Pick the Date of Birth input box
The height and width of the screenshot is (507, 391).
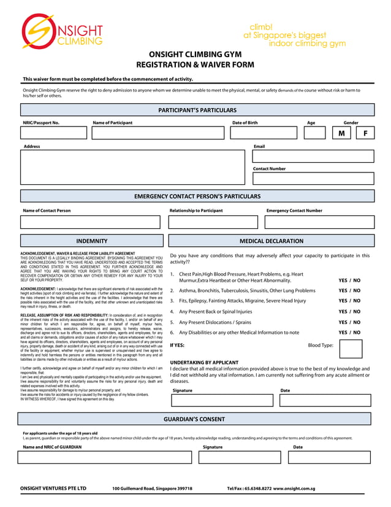[265, 133]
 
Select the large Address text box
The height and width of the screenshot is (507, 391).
[132, 168]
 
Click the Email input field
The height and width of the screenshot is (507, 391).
[313, 157]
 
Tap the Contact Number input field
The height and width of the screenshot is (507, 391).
[313, 179]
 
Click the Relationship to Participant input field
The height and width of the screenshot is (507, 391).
[213, 222]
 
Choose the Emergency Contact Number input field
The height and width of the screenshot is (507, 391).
[319, 222]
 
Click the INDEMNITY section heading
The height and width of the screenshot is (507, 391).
[91, 241]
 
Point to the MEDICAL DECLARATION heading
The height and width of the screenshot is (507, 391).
[271, 241]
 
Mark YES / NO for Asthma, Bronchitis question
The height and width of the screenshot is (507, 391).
[349, 290]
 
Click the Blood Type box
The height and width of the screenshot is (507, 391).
[351, 348]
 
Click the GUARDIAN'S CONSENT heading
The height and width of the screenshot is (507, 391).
[195, 419]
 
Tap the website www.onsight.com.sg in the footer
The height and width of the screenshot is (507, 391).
[294, 489]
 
